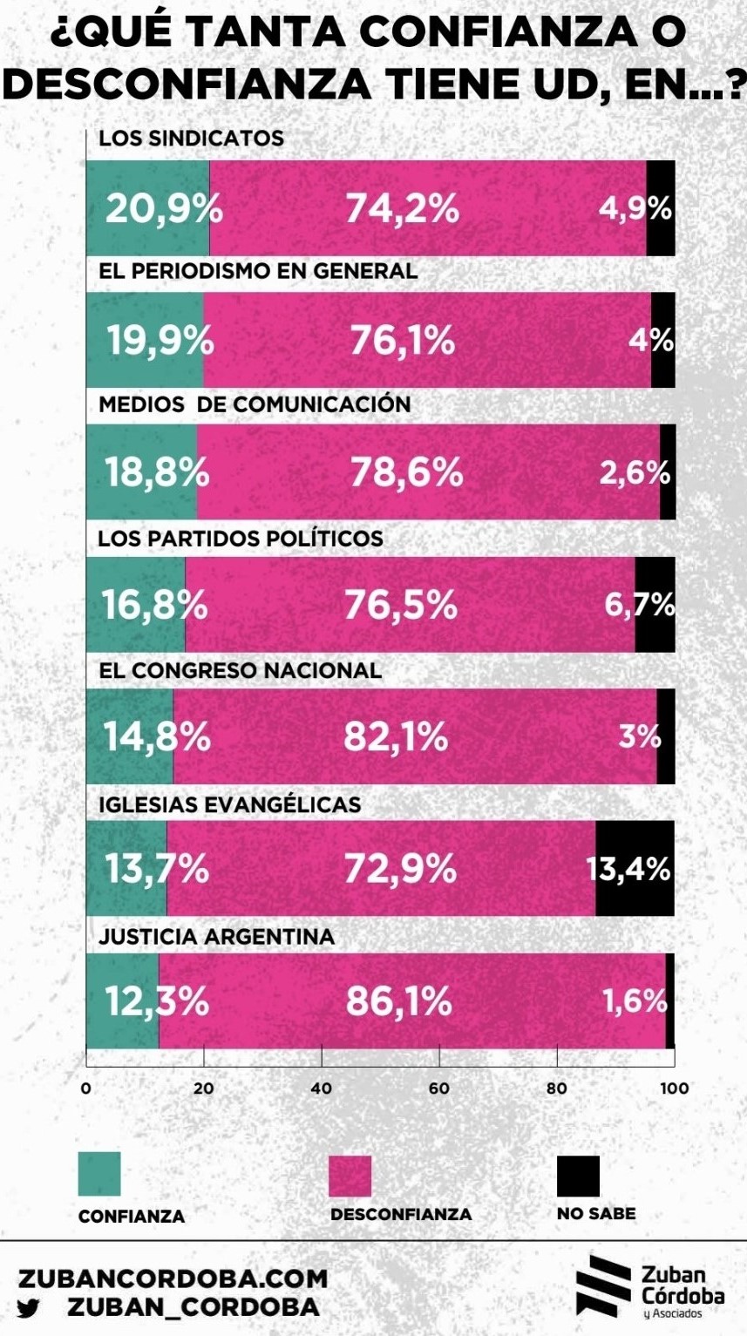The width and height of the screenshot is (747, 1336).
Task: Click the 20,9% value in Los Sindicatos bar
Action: tap(164, 209)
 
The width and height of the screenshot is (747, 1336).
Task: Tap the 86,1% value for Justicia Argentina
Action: tap(399, 1001)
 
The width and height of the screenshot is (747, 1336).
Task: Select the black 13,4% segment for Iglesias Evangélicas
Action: tap(635, 868)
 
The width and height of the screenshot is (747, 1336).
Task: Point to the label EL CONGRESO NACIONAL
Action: tap(240, 670)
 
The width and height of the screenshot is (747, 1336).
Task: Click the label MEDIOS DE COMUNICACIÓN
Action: tap(254, 404)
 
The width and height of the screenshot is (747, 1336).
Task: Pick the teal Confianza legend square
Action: tap(99, 1174)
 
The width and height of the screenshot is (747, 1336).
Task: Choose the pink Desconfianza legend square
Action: tap(350, 1176)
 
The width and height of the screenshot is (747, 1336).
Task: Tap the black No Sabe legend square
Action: tap(578, 1176)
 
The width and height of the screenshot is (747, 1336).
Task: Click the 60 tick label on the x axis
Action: tap(438, 1088)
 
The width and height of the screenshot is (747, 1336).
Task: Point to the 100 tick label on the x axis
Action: tap(675, 1088)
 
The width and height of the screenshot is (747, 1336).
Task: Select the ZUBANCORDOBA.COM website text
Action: tap(173, 1278)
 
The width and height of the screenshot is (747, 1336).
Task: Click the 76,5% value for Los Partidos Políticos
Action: tap(400, 604)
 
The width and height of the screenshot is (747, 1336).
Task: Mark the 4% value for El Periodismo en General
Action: tap(652, 340)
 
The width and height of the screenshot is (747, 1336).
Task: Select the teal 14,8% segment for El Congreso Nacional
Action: tap(129, 736)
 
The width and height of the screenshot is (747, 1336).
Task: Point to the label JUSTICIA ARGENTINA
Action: tap(216, 937)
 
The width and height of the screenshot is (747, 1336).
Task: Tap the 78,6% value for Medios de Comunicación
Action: tap(406, 472)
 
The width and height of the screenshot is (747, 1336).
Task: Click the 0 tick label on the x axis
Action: tap(85, 1088)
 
